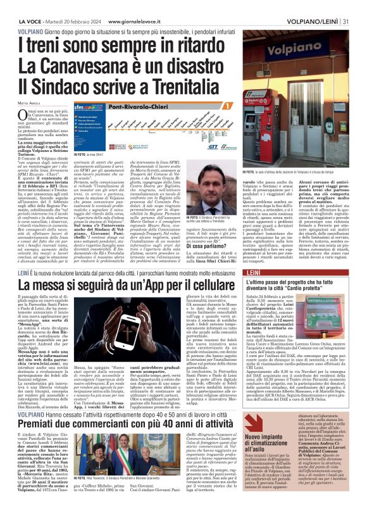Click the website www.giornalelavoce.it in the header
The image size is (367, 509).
128,5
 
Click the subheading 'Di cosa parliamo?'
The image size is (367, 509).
190,229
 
